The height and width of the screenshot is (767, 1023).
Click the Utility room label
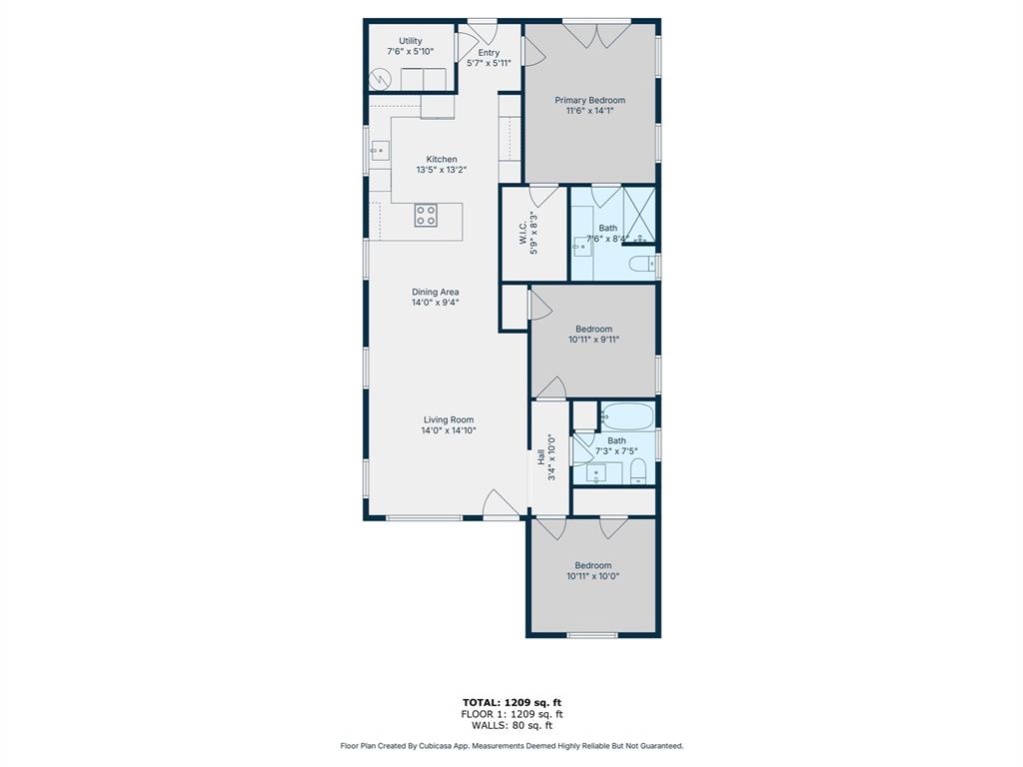coord(411,41)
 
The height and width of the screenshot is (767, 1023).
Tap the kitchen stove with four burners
coord(426,215)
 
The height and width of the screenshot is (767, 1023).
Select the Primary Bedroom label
coord(589,100)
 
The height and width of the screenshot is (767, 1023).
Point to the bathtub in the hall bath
coord(626,415)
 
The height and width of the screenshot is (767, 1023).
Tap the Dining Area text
coord(436,292)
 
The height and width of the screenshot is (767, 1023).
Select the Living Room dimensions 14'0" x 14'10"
coord(449,430)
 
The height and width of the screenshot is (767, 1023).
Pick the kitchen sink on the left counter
coord(380,152)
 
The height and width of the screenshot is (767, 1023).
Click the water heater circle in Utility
coord(381,79)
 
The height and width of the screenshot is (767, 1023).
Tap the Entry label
coord(489,53)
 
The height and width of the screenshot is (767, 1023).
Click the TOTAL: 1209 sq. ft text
coord(511,701)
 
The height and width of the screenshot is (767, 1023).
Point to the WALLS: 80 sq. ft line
coord(511,725)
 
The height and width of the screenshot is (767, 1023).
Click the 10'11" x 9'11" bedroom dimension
coord(594,340)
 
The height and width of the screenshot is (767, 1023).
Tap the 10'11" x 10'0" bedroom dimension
coord(593,575)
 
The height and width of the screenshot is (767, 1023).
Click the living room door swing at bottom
coord(500,505)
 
